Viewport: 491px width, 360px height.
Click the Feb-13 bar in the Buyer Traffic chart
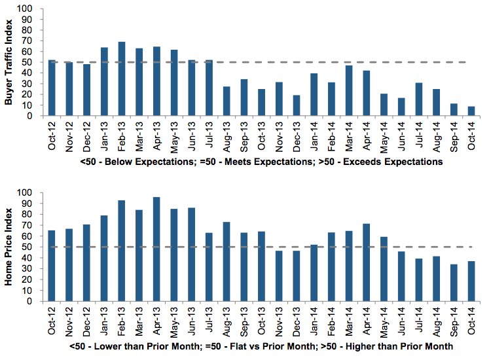(x=122, y=79)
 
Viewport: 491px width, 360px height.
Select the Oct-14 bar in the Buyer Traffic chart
(x=471, y=111)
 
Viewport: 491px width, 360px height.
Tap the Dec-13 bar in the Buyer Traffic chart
(x=297, y=105)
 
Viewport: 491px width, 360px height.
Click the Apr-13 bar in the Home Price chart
(x=156, y=249)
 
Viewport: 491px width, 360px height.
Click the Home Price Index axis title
(x=9, y=249)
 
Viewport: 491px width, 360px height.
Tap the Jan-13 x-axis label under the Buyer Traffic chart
(x=105, y=135)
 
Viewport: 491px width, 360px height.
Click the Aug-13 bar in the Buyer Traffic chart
(x=227, y=101)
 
